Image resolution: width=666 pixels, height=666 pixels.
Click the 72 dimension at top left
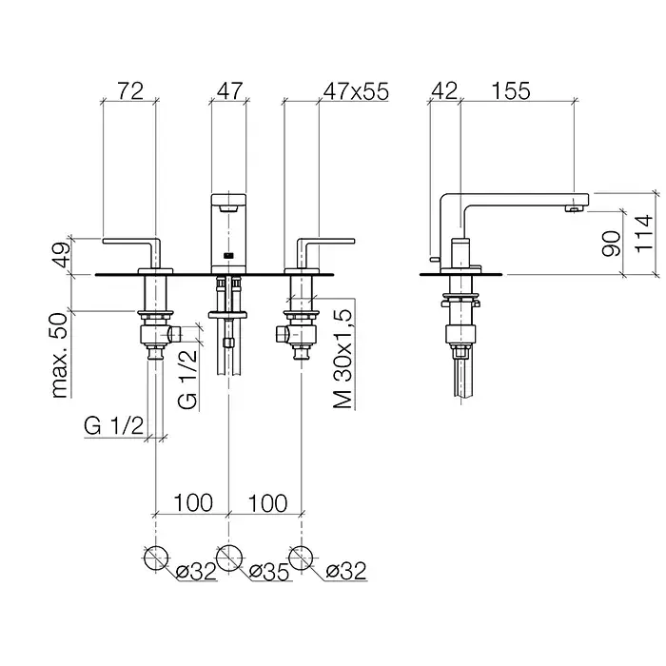click(x=130, y=91)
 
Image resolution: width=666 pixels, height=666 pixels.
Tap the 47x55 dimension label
click(x=356, y=91)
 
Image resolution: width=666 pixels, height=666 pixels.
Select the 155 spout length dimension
click(x=511, y=91)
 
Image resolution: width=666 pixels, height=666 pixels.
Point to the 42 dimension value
click(x=444, y=91)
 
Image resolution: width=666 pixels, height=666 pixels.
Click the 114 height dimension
click(x=643, y=234)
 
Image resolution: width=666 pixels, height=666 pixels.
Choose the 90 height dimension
click(x=612, y=244)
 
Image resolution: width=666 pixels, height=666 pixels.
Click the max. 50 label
click(x=60, y=355)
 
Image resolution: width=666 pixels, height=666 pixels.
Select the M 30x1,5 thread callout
click(x=343, y=359)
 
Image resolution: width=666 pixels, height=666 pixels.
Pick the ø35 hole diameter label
click(x=269, y=572)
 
